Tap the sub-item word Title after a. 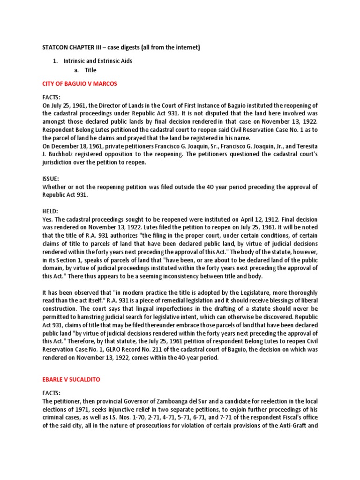click(x=90, y=70)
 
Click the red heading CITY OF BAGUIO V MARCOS click(x=79, y=83)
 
